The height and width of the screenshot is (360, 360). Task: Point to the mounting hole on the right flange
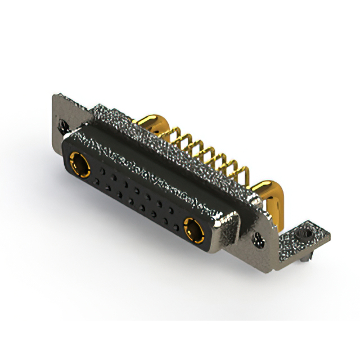[260, 242]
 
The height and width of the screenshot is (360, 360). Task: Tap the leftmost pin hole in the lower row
[97, 181]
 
